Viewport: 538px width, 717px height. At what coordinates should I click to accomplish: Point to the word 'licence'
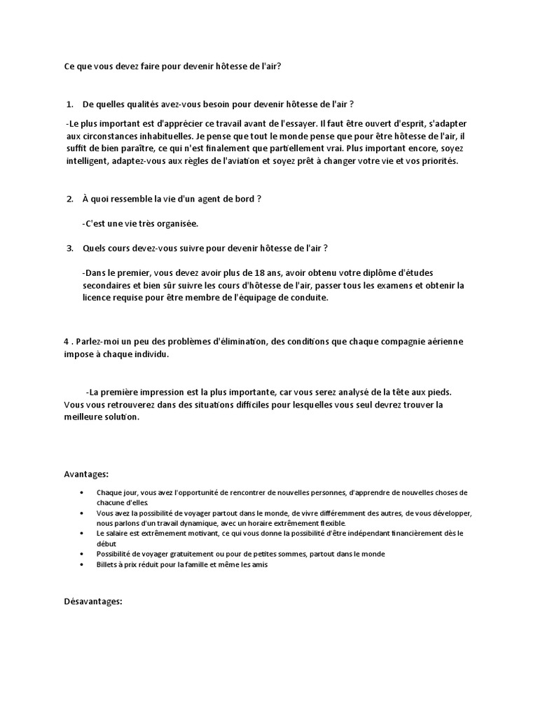pos(97,298)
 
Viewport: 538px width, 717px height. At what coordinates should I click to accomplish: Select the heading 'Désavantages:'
pos(93,600)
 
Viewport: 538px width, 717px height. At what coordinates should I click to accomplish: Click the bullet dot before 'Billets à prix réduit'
pos(84,564)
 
